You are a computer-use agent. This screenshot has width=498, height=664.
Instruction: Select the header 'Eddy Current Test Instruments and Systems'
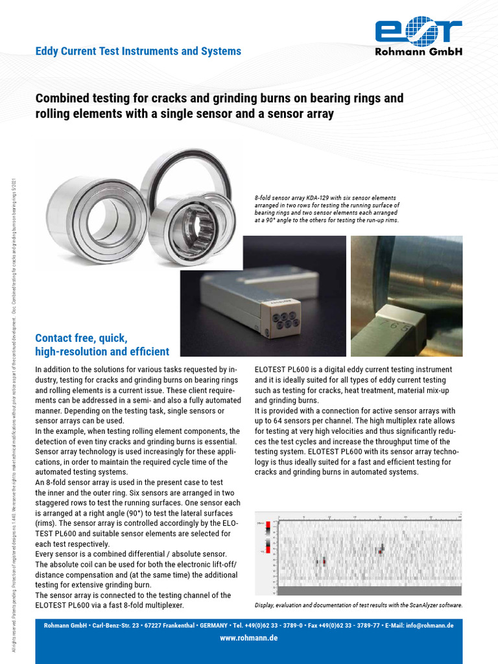tap(138, 51)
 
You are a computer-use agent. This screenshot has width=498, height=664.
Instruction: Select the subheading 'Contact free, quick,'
tap(81, 338)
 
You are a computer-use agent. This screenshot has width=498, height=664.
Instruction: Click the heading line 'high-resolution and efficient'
tap(102, 352)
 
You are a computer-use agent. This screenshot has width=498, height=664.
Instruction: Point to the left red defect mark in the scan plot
tap(323, 562)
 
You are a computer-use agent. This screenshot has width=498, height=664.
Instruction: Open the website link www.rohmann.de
tap(249, 638)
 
